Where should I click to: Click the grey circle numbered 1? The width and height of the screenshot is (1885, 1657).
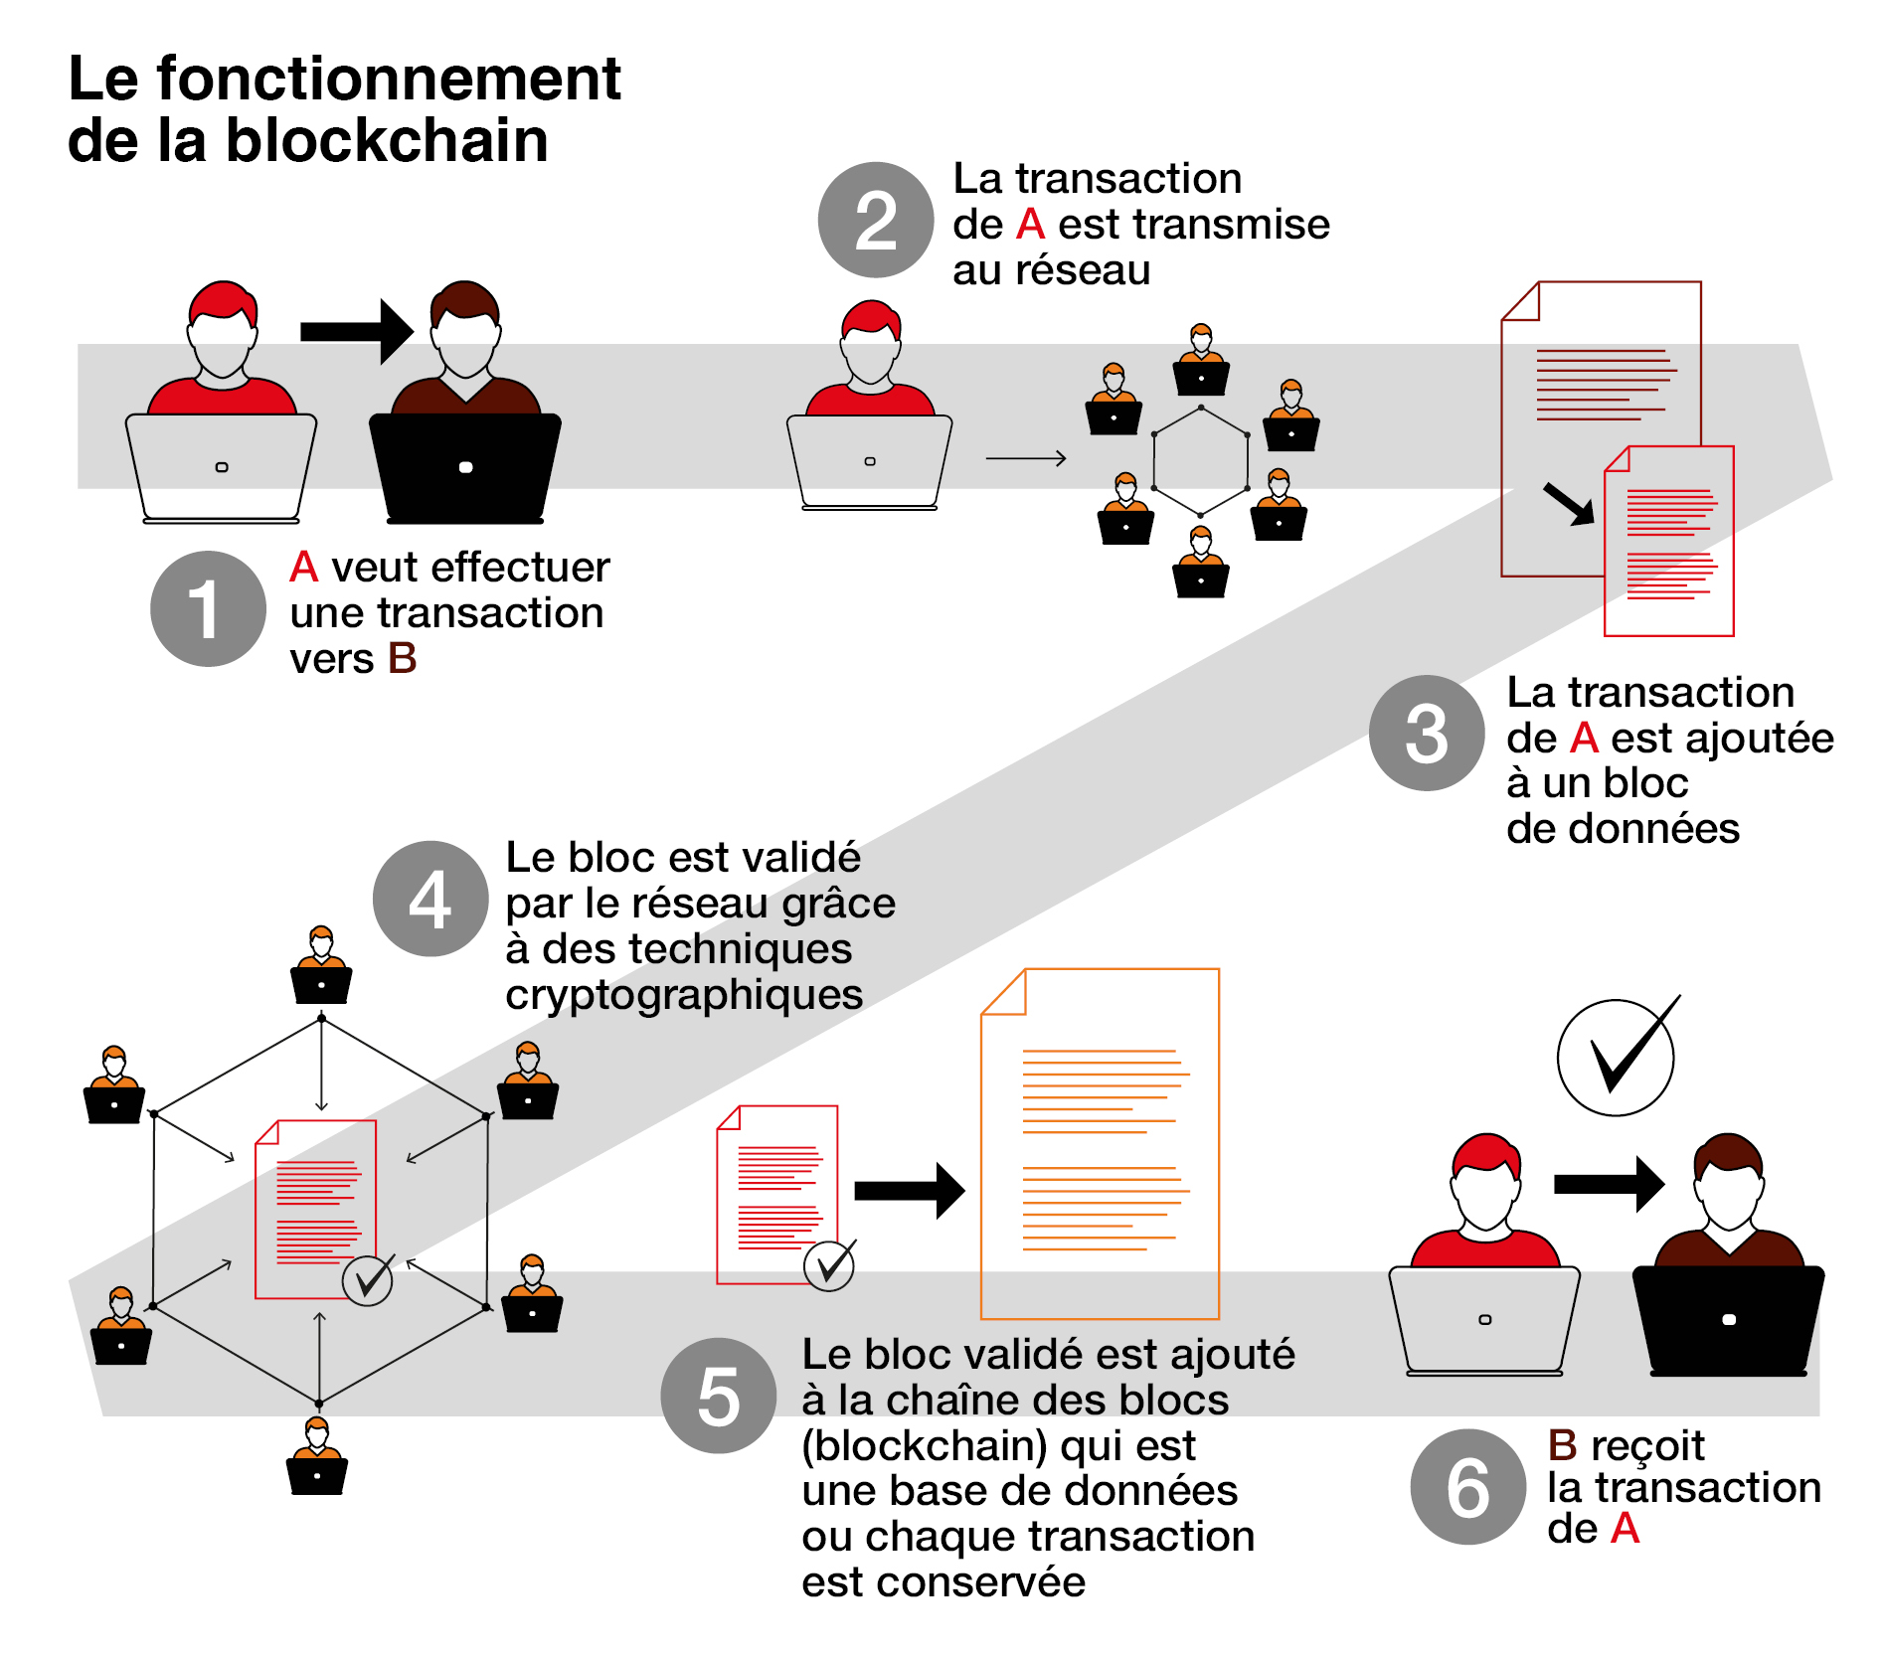tap(208, 608)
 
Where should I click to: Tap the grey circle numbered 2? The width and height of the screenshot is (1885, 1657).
tap(876, 220)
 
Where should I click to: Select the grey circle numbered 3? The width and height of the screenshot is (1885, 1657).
tap(1427, 733)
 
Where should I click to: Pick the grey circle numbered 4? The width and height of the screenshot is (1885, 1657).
tap(430, 899)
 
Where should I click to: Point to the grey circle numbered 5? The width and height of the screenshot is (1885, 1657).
tap(719, 1396)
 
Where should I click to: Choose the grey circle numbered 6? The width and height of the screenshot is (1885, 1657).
tap(1468, 1487)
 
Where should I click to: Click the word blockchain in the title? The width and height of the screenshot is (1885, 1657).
tap(387, 140)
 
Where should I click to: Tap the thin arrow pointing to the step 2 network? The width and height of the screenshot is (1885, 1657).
tap(1026, 458)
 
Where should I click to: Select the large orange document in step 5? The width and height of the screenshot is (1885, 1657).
tap(1100, 1144)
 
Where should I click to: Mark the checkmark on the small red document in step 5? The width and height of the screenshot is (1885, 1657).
tap(830, 1264)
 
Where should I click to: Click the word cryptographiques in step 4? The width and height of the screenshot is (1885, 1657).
tap(684, 995)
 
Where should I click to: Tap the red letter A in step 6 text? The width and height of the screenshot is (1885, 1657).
tap(1625, 1529)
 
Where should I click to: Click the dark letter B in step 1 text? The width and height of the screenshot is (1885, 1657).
tap(402, 658)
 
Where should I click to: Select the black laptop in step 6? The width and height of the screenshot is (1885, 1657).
tap(1728, 1320)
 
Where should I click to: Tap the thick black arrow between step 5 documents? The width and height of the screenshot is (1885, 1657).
tap(910, 1190)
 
